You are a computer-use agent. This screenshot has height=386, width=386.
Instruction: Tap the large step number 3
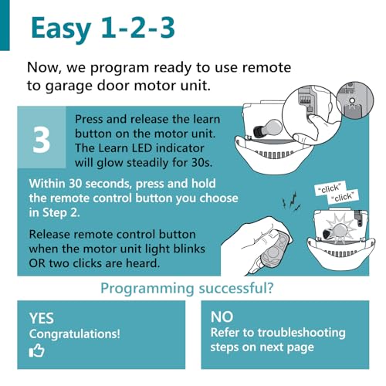(x=41, y=141)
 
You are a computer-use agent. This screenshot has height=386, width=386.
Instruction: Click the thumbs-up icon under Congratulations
(x=36, y=350)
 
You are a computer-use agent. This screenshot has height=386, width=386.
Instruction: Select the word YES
(x=42, y=318)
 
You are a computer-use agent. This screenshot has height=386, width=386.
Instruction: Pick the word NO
(x=222, y=317)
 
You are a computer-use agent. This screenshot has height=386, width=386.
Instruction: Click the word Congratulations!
(x=75, y=334)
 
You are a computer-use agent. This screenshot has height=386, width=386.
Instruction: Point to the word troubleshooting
(x=301, y=333)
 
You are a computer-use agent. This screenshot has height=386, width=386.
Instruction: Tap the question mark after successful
(x=269, y=288)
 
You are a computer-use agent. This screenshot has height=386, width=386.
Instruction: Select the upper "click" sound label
(x=330, y=188)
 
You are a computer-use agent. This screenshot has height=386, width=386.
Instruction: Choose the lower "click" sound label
(x=344, y=197)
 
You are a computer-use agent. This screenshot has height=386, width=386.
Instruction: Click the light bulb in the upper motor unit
(x=268, y=128)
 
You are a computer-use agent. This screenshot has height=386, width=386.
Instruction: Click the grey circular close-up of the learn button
(x=355, y=100)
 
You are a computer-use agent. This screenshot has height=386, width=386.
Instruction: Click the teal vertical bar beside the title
(x=5, y=25)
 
